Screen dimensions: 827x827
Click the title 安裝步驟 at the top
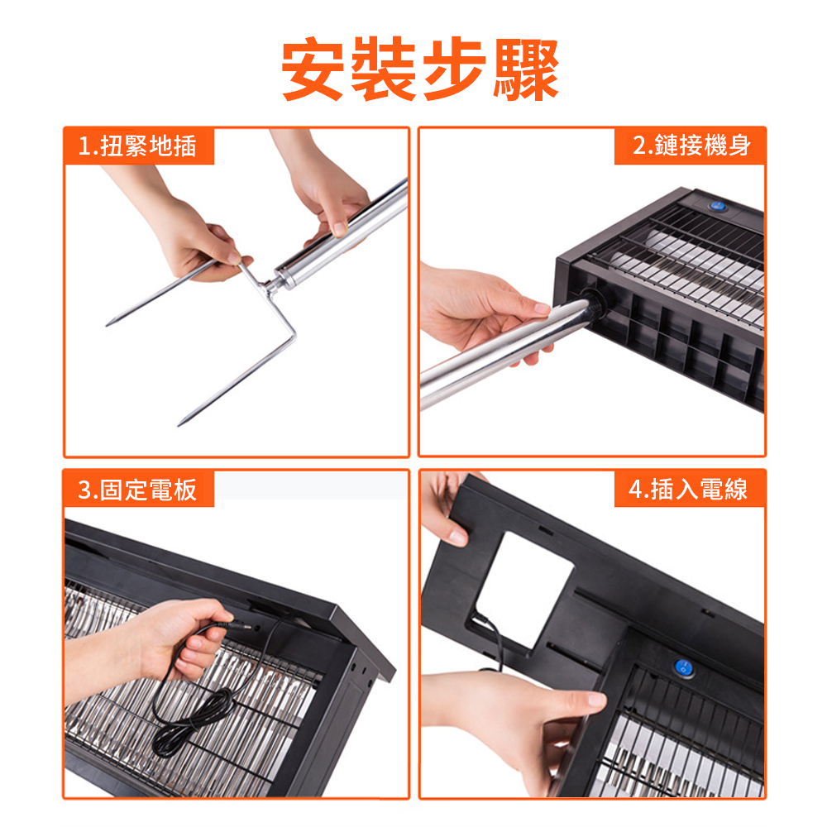click(x=420, y=70)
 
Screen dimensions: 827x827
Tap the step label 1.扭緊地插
click(x=138, y=146)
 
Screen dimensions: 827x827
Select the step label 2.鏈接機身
click(x=691, y=146)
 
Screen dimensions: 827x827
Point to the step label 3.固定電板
click(x=138, y=489)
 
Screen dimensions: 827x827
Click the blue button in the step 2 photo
click(x=717, y=207)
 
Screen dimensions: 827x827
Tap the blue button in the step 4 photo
click(x=683, y=667)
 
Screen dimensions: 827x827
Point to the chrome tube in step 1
click(x=347, y=236)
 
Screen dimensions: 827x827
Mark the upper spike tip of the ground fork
click(x=108, y=323)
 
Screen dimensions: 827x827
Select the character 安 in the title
click(x=313, y=70)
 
